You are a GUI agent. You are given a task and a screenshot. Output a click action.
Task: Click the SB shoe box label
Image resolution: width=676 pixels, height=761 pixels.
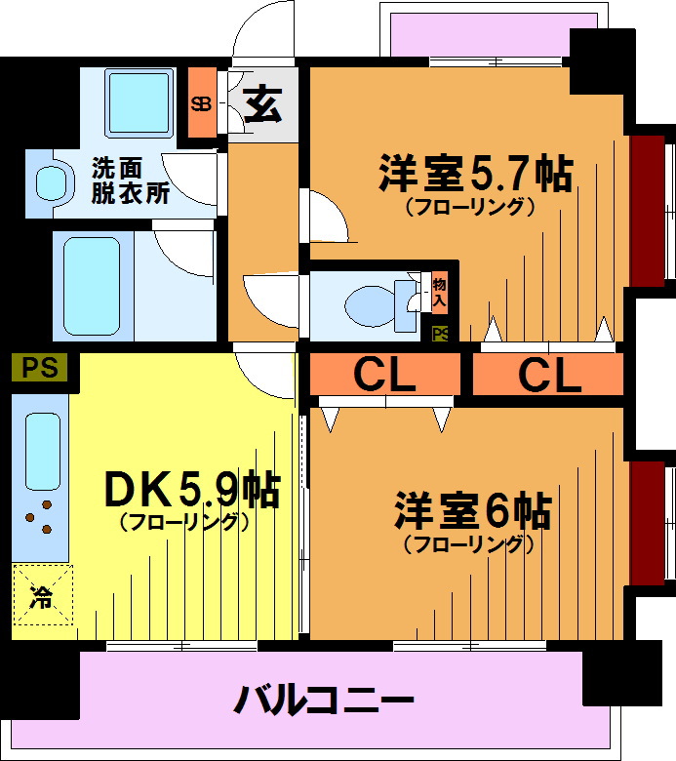pyautogui.click(x=201, y=103)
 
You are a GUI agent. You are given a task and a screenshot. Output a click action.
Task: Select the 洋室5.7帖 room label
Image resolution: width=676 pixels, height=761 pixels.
pyautogui.click(x=476, y=174)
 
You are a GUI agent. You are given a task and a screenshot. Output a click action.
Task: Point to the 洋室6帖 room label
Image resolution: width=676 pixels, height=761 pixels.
pyautogui.click(x=473, y=510)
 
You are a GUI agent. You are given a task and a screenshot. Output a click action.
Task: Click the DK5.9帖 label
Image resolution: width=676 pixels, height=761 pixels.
pyautogui.click(x=193, y=489)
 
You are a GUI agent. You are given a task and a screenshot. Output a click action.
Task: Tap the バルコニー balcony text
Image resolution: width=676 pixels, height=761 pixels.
pyautogui.click(x=324, y=700)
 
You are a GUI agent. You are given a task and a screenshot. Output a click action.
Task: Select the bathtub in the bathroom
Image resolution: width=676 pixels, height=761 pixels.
pyautogui.click(x=92, y=286)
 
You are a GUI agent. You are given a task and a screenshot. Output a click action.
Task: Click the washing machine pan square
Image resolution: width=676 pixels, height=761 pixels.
pyautogui.click(x=139, y=102)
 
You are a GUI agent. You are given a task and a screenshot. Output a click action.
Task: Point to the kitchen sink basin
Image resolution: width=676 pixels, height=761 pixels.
pyautogui.click(x=43, y=452)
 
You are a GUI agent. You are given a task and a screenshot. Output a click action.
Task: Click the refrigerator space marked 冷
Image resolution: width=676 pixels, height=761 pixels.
pyautogui.click(x=42, y=595)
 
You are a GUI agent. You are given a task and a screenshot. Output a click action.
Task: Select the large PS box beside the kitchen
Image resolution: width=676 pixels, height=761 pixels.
pyautogui.click(x=39, y=367)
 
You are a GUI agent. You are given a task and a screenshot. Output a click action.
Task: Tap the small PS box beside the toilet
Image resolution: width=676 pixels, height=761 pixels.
pyautogui.click(x=440, y=334)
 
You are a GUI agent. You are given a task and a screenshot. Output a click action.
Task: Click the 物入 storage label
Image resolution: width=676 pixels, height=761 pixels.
pyautogui.click(x=439, y=292)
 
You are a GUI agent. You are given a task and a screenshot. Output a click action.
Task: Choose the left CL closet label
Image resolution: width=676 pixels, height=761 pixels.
pyautogui.click(x=385, y=375)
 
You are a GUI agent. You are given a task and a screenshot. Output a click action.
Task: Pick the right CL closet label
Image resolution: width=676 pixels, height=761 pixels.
pyautogui.click(x=549, y=375)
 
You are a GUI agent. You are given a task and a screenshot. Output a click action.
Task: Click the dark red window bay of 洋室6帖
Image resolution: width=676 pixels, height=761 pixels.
pyautogui.click(x=648, y=523)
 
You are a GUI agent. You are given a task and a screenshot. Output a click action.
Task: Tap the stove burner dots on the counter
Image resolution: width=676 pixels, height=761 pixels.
pyautogui.click(x=39, y=517)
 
